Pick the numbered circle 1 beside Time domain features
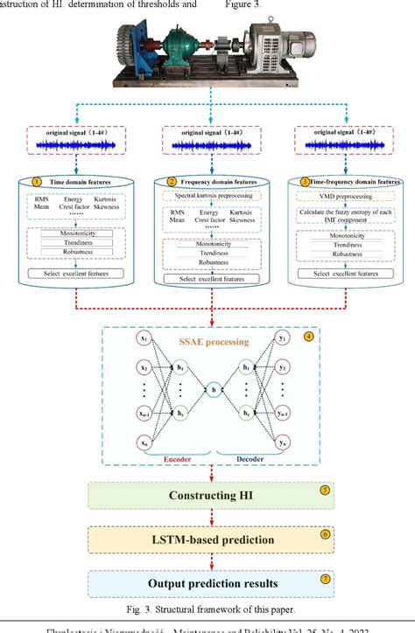[37, 182]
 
